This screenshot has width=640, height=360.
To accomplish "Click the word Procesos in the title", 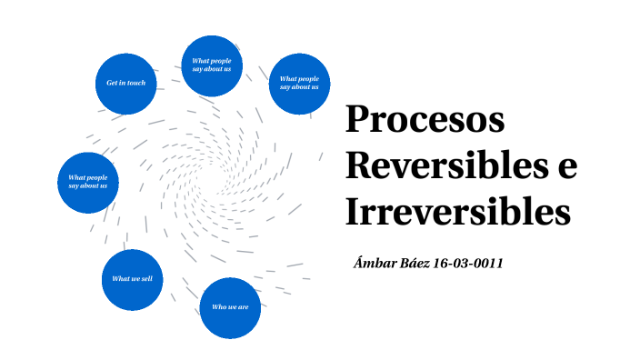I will [x=425, y=122].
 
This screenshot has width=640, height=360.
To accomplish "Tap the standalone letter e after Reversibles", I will [x=566, y=167].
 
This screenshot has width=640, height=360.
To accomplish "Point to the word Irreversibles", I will [x=457, y=213].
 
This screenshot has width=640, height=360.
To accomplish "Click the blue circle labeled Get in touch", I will [x=126, y=83].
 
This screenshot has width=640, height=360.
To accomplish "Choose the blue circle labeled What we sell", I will [x=132, y=279].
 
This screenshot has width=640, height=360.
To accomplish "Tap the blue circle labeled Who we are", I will [x=230, y=307].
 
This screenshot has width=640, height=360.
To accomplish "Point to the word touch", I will [x=136, y=83].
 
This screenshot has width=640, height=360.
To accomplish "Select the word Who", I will [x=218, y=307].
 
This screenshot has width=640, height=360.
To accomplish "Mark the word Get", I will [x=111, y=83].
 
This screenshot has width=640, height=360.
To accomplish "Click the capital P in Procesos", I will [x=356, y=122].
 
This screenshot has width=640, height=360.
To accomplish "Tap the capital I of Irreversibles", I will [x=353, y=213].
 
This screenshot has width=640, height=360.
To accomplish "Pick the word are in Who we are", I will [x=243, y=307].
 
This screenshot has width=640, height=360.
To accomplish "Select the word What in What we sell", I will [x=120, y=279].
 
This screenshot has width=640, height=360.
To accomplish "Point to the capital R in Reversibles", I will [x=358, y=167].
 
